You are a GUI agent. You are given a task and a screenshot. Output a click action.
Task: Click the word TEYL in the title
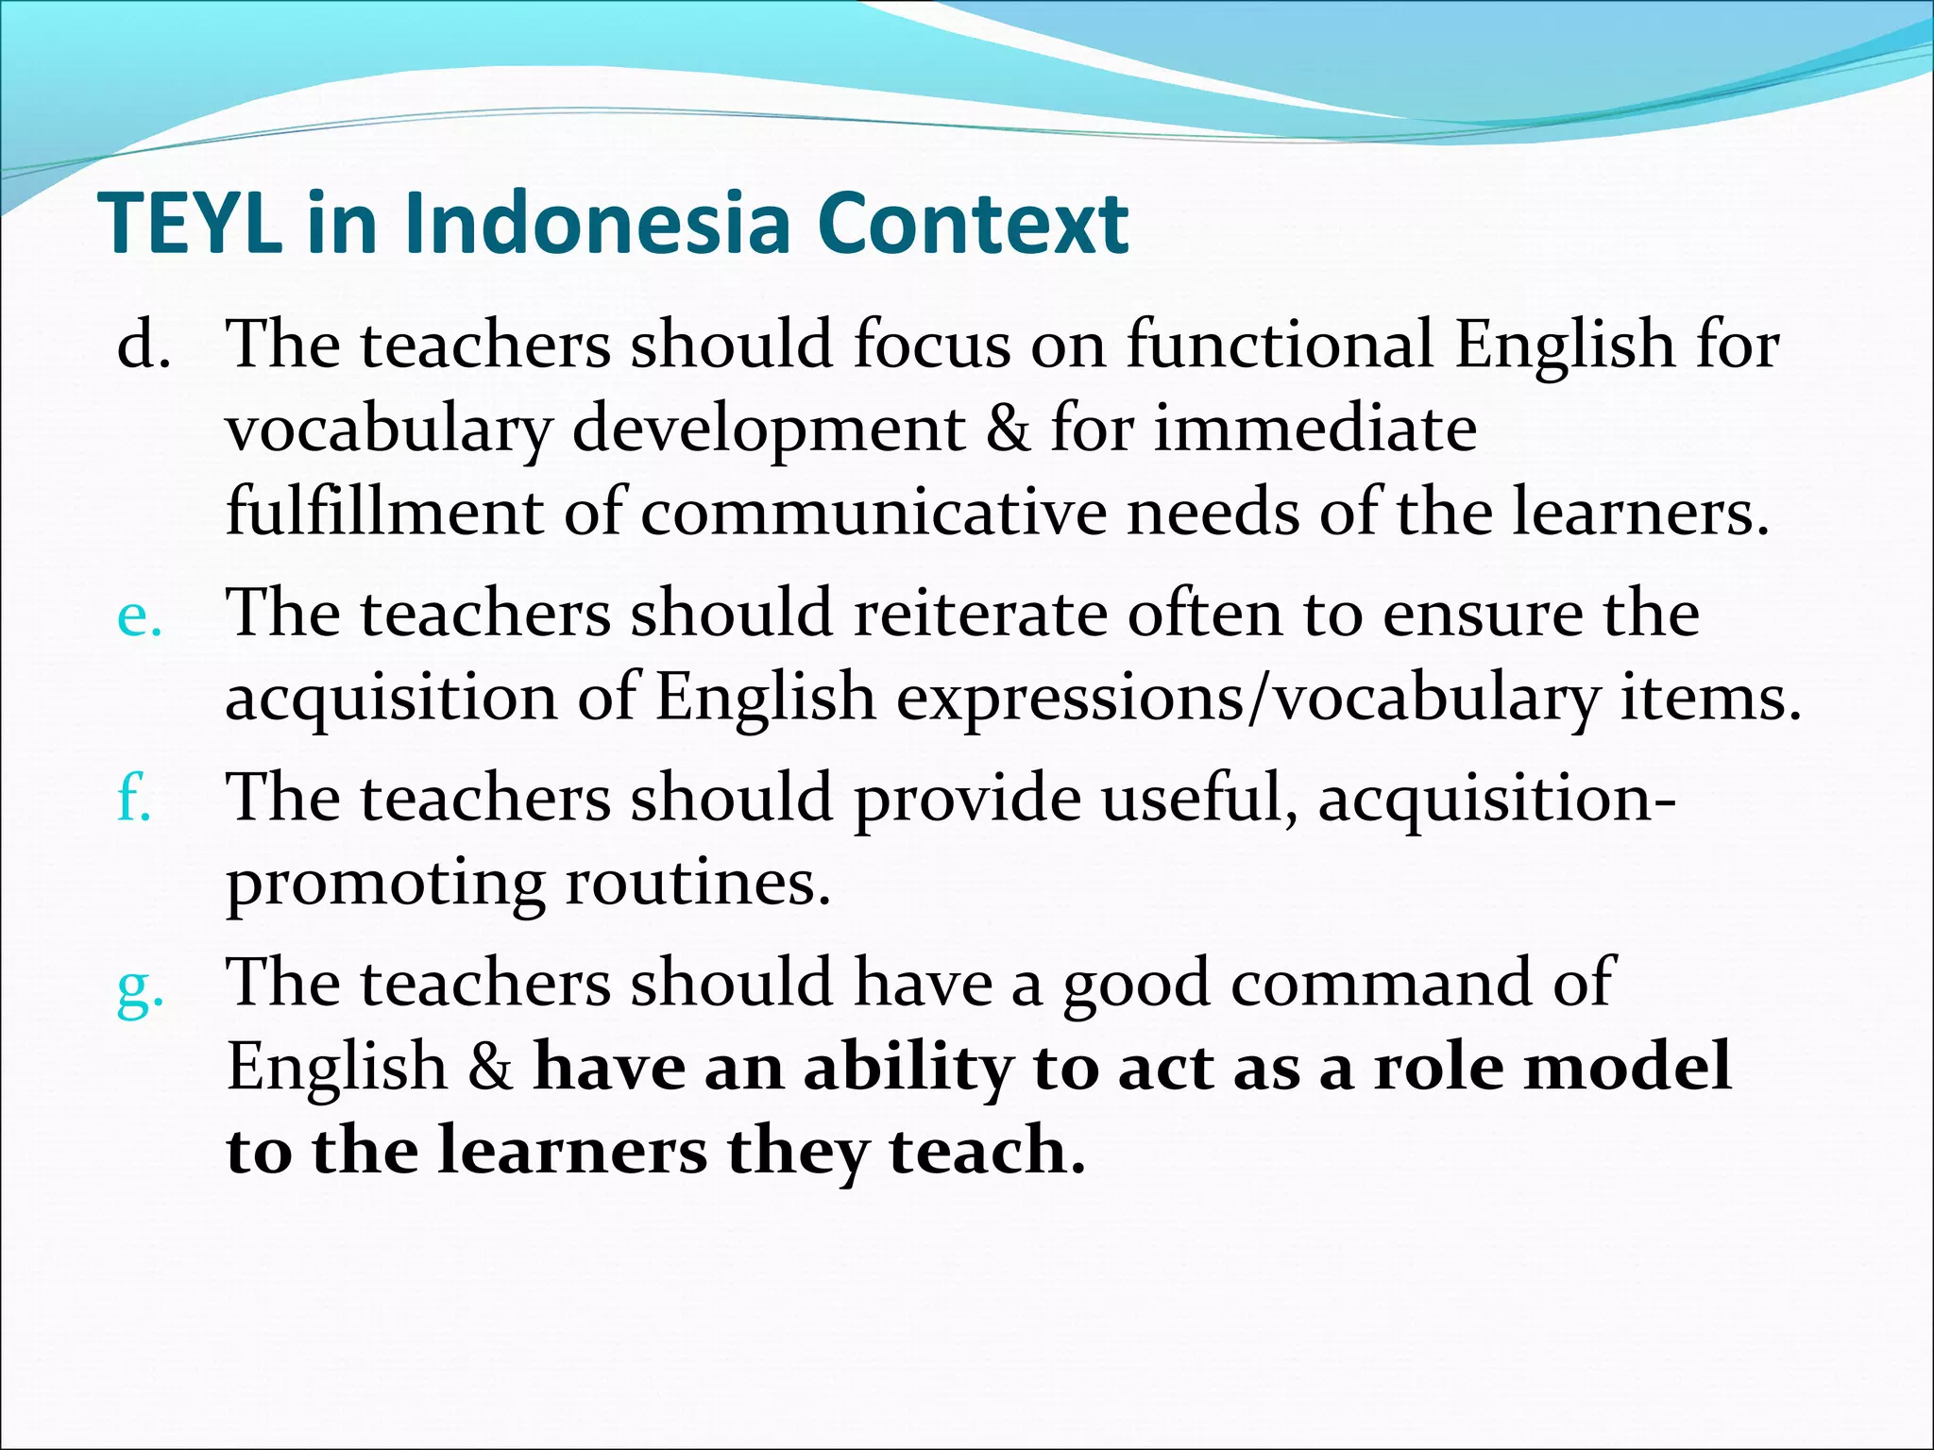[x=190, y=224]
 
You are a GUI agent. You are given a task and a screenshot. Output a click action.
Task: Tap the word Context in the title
[x=972, y=224]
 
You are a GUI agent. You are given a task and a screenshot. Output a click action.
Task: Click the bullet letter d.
[x=143, y=344]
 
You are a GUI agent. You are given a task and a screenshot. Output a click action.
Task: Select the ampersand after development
[x=1008, y=429]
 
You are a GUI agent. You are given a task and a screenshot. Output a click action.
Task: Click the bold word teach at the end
[x=986, y=1151]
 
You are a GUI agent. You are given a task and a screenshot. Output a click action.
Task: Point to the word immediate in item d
[x=1315, y=429]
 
